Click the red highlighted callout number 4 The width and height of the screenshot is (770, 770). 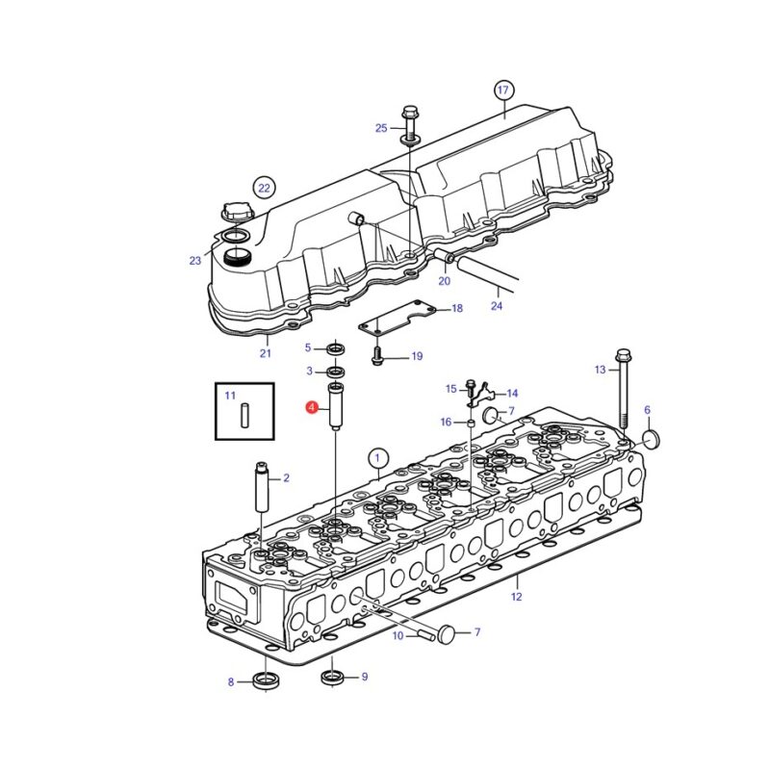click(x=311, y=407)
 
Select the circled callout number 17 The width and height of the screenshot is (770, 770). click(x=502, y=90)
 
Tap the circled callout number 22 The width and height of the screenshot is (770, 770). click(x=264, y=188)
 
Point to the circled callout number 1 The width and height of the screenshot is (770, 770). click(x=377, y=459)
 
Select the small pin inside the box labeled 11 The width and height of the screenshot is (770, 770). click(x=244, y=416)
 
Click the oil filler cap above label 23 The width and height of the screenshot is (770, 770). click(x=237, y=215)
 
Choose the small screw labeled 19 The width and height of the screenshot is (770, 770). click(x=376, y=356)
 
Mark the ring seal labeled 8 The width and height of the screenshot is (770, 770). click(x=266, y=680)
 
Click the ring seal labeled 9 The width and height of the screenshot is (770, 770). click(x=334, y=678)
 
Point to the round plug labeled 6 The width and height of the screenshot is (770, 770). click(x=652, y=440)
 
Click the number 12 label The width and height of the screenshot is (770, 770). click(x=516, y=597)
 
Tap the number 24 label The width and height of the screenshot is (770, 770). click(x=497, y=306)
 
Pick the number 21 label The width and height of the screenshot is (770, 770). click(x=266, y=353)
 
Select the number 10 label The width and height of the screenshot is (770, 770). click(x=398, y=635)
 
